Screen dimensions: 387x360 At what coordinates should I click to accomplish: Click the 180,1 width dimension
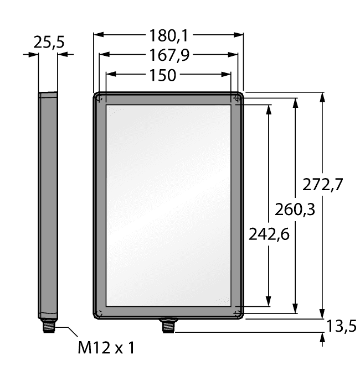click(x=168, y=36)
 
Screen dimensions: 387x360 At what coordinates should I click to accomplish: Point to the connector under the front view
click(x=167, y=326)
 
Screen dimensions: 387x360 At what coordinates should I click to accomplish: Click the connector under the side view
click(x=48, y=326)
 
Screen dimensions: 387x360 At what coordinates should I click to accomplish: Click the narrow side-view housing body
click(x=48, y=205)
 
